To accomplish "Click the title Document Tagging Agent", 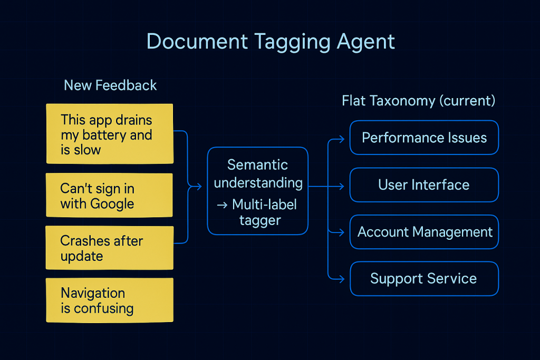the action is [271, 42].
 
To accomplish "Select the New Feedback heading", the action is [110, 85].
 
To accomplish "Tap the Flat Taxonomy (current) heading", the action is [418, 101].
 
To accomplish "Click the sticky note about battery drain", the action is [110, 133].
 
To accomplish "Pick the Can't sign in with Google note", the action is [110, 195].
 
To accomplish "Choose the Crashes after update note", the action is [110, 248].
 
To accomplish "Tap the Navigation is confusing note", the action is [110, 300].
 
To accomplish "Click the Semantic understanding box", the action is [257, 191].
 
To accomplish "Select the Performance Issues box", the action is [425, 138].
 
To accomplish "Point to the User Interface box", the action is [425, 185].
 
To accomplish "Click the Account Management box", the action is [425, 232].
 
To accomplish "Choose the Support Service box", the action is [425, 279].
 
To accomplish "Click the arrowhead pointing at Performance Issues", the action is [342, 139].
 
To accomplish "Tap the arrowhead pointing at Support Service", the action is [342, 279].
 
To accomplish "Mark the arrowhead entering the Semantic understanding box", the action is [199, 187].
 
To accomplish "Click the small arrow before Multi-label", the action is [222, 205].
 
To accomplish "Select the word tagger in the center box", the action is [261, 221].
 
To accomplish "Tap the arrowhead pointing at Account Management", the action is [342, 232].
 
